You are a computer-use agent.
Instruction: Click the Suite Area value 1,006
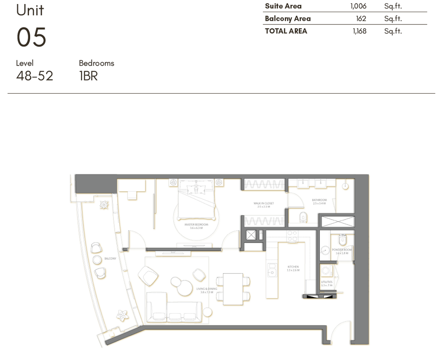pyautogui.click(x=358, y=6)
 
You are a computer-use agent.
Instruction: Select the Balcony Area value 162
pyautogui.click(x=361, y=19)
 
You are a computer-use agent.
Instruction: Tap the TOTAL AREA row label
pyautogui.click(x=286, y=31)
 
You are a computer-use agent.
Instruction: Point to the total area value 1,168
pyautogui.click(x=359, y=31)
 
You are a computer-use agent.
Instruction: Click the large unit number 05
pyautogui.click(x=31, y=37)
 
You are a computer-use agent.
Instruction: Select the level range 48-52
pyautogui.click(x=35, y=76)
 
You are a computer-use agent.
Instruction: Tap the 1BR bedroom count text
pyautogui.click(x=88, y=76)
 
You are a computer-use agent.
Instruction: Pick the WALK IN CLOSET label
pyautogui.click(x=263, y=203)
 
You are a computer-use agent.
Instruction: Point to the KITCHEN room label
pyautogui.click(x=293, y=267)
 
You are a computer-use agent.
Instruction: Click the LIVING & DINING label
pyautogui.click(x=206, y=289)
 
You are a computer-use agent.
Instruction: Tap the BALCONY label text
pyautogui.click(x=110, y=259)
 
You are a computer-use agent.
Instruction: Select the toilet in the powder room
pyautogui.click(x=342, y=239)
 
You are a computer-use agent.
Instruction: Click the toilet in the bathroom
pyautogui.click(x=303, y=217)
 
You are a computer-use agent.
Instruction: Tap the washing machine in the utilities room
pyautogui.click(x=326, y=270)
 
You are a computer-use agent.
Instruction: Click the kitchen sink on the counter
pyautogui.click(x=272, y=270)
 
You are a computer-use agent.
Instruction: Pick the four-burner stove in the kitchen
pyautogui.click(x=292, y=236)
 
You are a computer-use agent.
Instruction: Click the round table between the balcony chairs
pyautogui.click(x=98, y=260)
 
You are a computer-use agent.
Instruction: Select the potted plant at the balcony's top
pyautogui.click(x=104, y=205)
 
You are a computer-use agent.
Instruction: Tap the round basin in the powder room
pyautogui.click(x=325, y=251)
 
